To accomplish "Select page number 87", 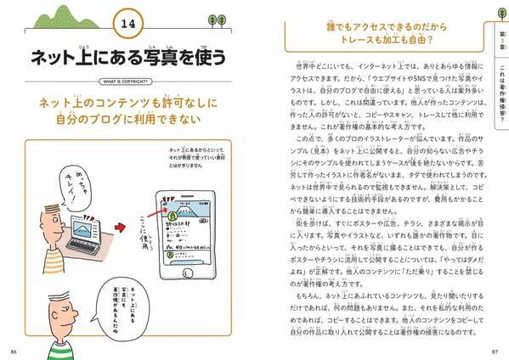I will click(x=495, y=348).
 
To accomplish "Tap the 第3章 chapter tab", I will click(x=499, y=38).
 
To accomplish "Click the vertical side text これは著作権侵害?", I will click(x=499, y=93).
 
